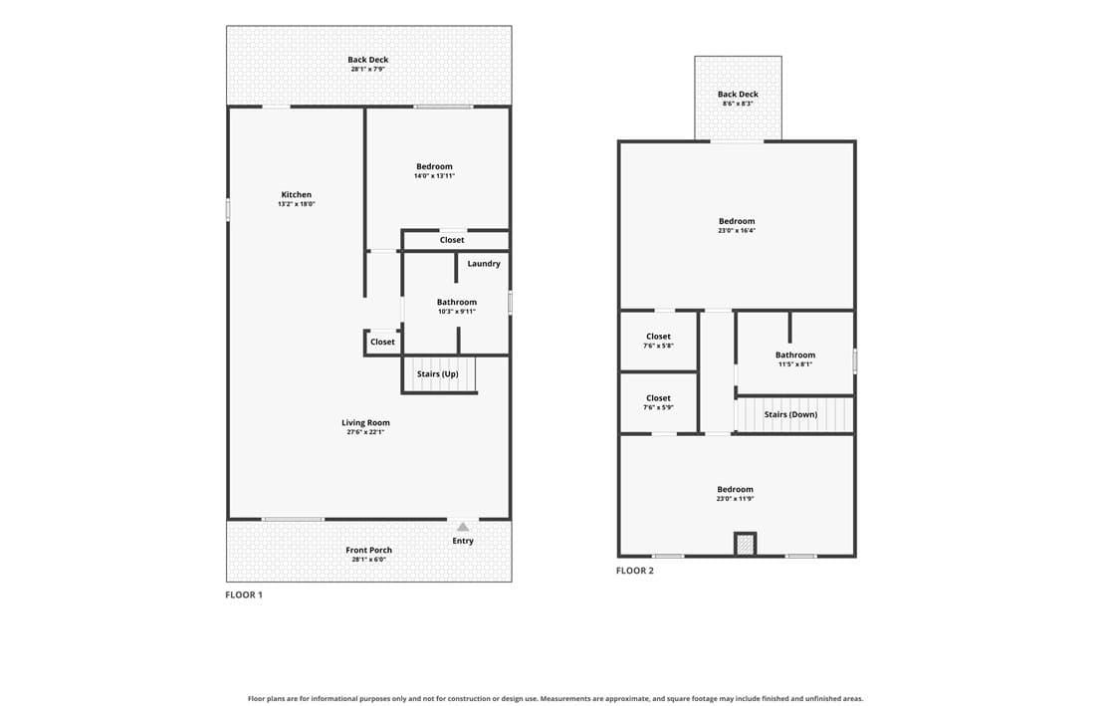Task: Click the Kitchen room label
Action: pos(296,195)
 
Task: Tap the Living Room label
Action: pos(365,423)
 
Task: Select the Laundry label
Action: pos(484,264)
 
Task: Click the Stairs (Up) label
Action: pos(438,373)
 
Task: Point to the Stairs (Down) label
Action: pos(790,414)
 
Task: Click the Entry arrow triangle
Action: pos(463,527)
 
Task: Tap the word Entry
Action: pos(463,542)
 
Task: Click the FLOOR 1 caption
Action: pos(244,594)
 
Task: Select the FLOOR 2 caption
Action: pos(635,571)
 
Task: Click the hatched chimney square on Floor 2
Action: pos(745,544)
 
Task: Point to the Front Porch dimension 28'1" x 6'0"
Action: pos(369,560)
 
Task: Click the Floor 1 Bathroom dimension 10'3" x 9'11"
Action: pos(457,311)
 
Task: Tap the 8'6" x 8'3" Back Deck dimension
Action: pos(738,104)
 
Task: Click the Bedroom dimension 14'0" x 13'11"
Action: pos(435,176)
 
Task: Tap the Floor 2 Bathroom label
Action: pos(795,355)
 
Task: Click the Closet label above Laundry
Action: pos(452,240)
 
